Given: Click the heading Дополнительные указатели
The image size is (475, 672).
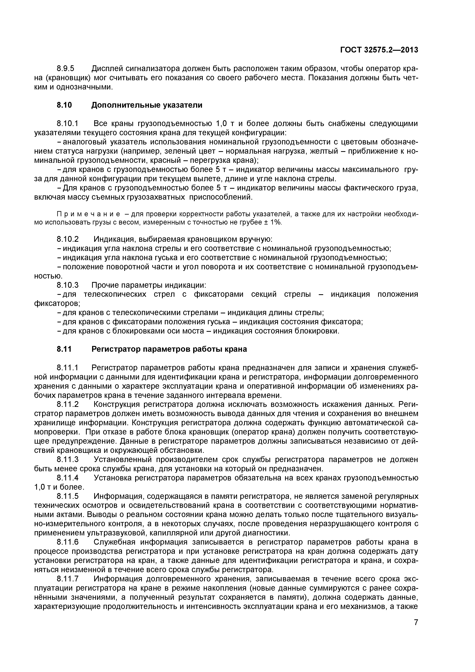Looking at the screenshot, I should coord(147,105).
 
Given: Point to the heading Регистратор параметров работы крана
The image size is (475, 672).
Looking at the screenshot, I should coord(169,349).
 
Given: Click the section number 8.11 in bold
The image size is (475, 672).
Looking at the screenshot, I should coord(64,349).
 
